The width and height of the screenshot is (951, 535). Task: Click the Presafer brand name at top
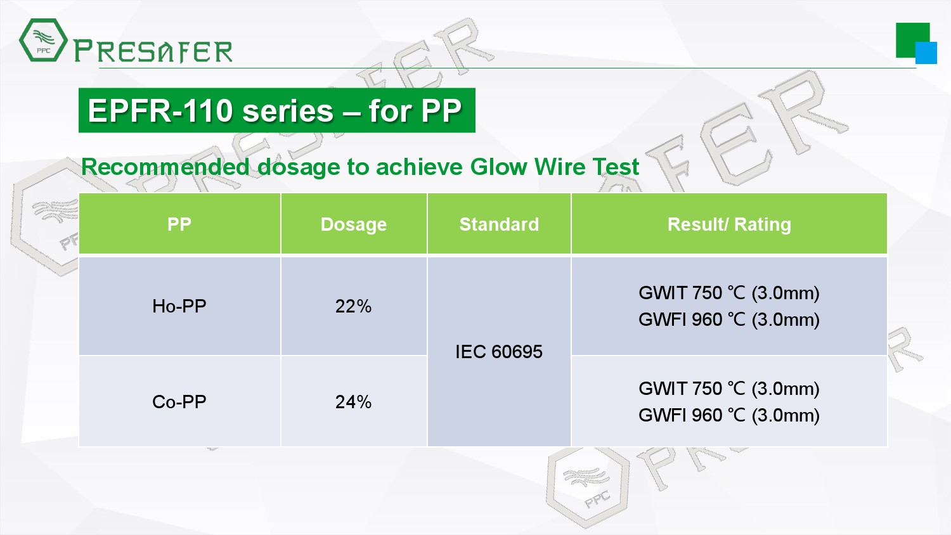(153, 51)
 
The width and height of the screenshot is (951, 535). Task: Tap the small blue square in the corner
(926, 53)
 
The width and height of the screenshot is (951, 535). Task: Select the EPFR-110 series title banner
(277, 110)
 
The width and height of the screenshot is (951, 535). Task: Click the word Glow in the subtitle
(498, 167)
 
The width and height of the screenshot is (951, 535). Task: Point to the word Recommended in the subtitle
(165, 167)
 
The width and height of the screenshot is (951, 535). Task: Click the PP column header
(179, 224)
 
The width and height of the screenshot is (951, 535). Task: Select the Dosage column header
(354, 224)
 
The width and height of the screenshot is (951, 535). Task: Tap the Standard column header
(499, 224)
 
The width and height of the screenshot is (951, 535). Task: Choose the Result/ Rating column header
(729, 224)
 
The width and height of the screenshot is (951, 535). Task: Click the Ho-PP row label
(179, 306)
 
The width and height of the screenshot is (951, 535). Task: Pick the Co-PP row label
(179, 402)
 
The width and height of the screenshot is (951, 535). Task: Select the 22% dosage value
(353, 306)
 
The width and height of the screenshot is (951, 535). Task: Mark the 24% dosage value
(353, 402)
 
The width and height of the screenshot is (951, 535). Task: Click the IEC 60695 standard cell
(499, 352)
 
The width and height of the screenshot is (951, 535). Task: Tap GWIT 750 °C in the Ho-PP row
(692, 293)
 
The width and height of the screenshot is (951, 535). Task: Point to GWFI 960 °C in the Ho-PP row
(692, 319)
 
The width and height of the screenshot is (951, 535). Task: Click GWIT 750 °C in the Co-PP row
(692, 389)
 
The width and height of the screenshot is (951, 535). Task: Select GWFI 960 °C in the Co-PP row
(692, 415)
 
